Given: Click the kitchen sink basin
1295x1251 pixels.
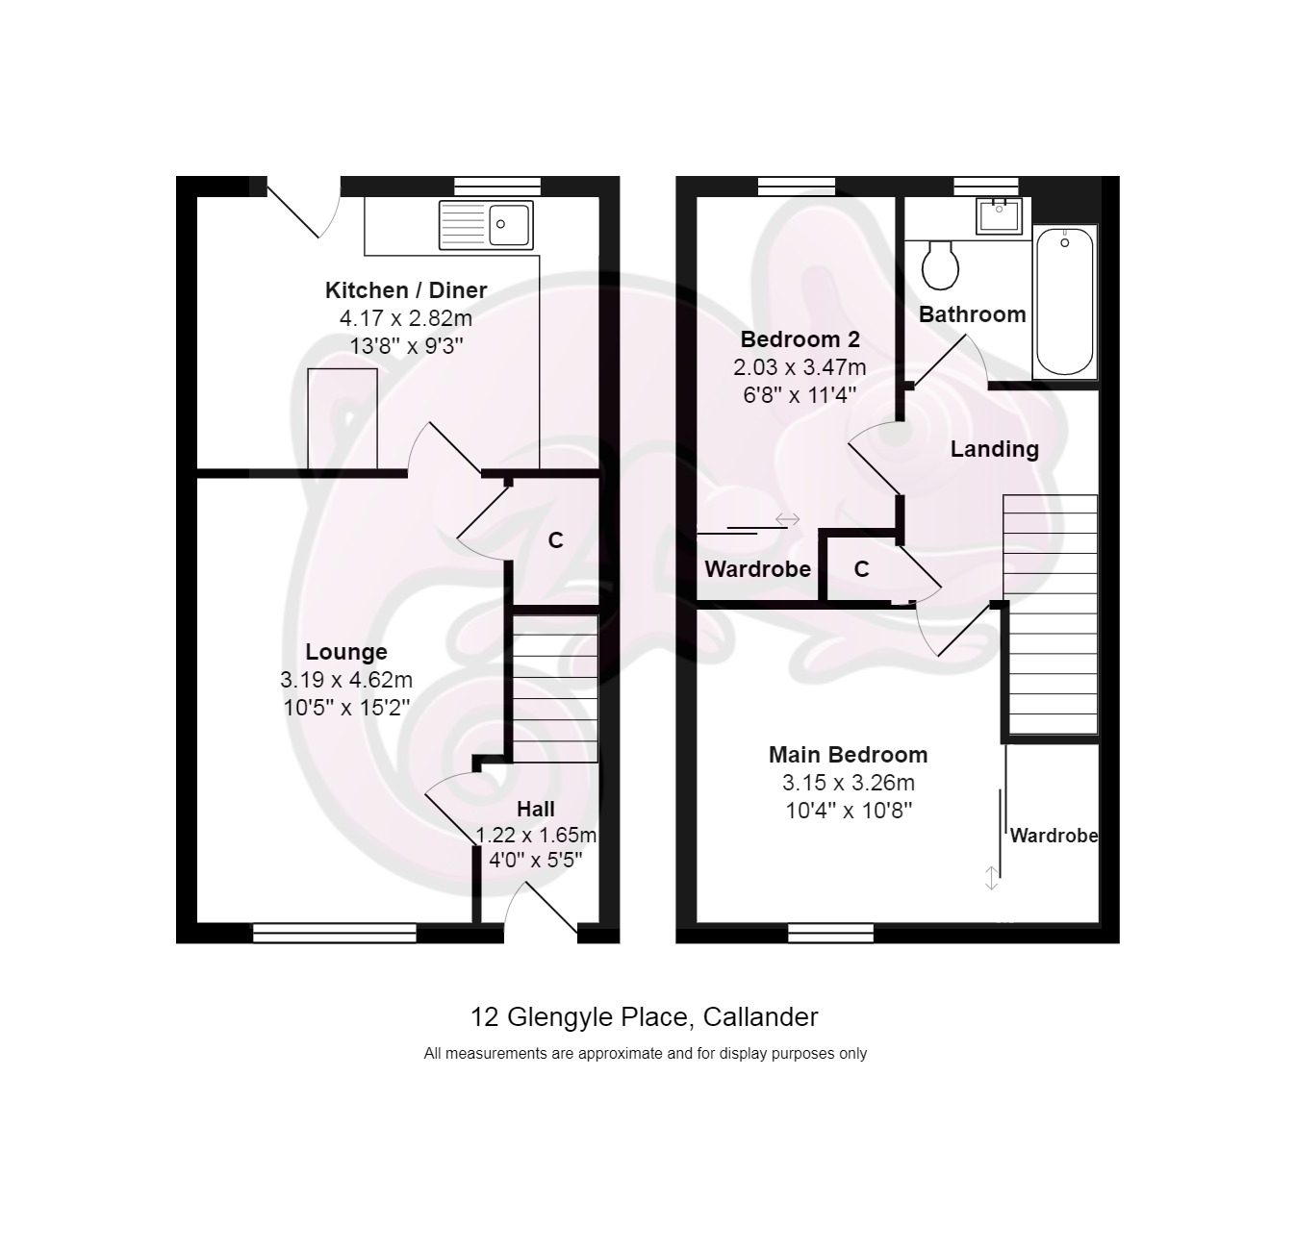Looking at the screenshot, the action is (509, 225).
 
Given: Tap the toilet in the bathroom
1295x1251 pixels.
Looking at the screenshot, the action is (940, 264).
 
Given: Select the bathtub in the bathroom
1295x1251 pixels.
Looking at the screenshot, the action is (1064, 301).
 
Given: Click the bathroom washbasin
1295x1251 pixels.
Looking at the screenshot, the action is (999, 216).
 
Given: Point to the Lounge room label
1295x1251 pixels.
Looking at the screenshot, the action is (346, 652).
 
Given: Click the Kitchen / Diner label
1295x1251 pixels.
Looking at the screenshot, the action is (406, 290).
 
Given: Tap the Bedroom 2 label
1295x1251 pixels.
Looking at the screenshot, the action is (800, 339).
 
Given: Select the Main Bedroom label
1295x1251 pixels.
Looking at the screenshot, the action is (848, 754).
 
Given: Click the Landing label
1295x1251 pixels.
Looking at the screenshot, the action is (994, 449).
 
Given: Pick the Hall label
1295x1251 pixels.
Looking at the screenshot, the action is (536, 809).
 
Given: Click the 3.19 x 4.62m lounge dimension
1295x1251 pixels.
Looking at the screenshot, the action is (346, 680).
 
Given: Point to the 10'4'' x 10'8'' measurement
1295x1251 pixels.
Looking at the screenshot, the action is (848, 811).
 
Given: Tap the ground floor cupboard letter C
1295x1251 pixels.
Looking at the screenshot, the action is (556, 540).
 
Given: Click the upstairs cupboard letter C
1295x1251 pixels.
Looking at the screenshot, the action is (861, 569).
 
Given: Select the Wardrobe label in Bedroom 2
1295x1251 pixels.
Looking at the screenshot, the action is (757, 569).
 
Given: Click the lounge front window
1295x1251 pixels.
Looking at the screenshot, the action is (335, 933).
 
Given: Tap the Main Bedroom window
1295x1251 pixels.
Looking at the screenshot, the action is (830, 933).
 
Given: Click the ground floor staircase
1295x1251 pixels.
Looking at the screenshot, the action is (556, 688).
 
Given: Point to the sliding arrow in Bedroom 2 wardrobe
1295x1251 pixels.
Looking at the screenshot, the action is (787, 518).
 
